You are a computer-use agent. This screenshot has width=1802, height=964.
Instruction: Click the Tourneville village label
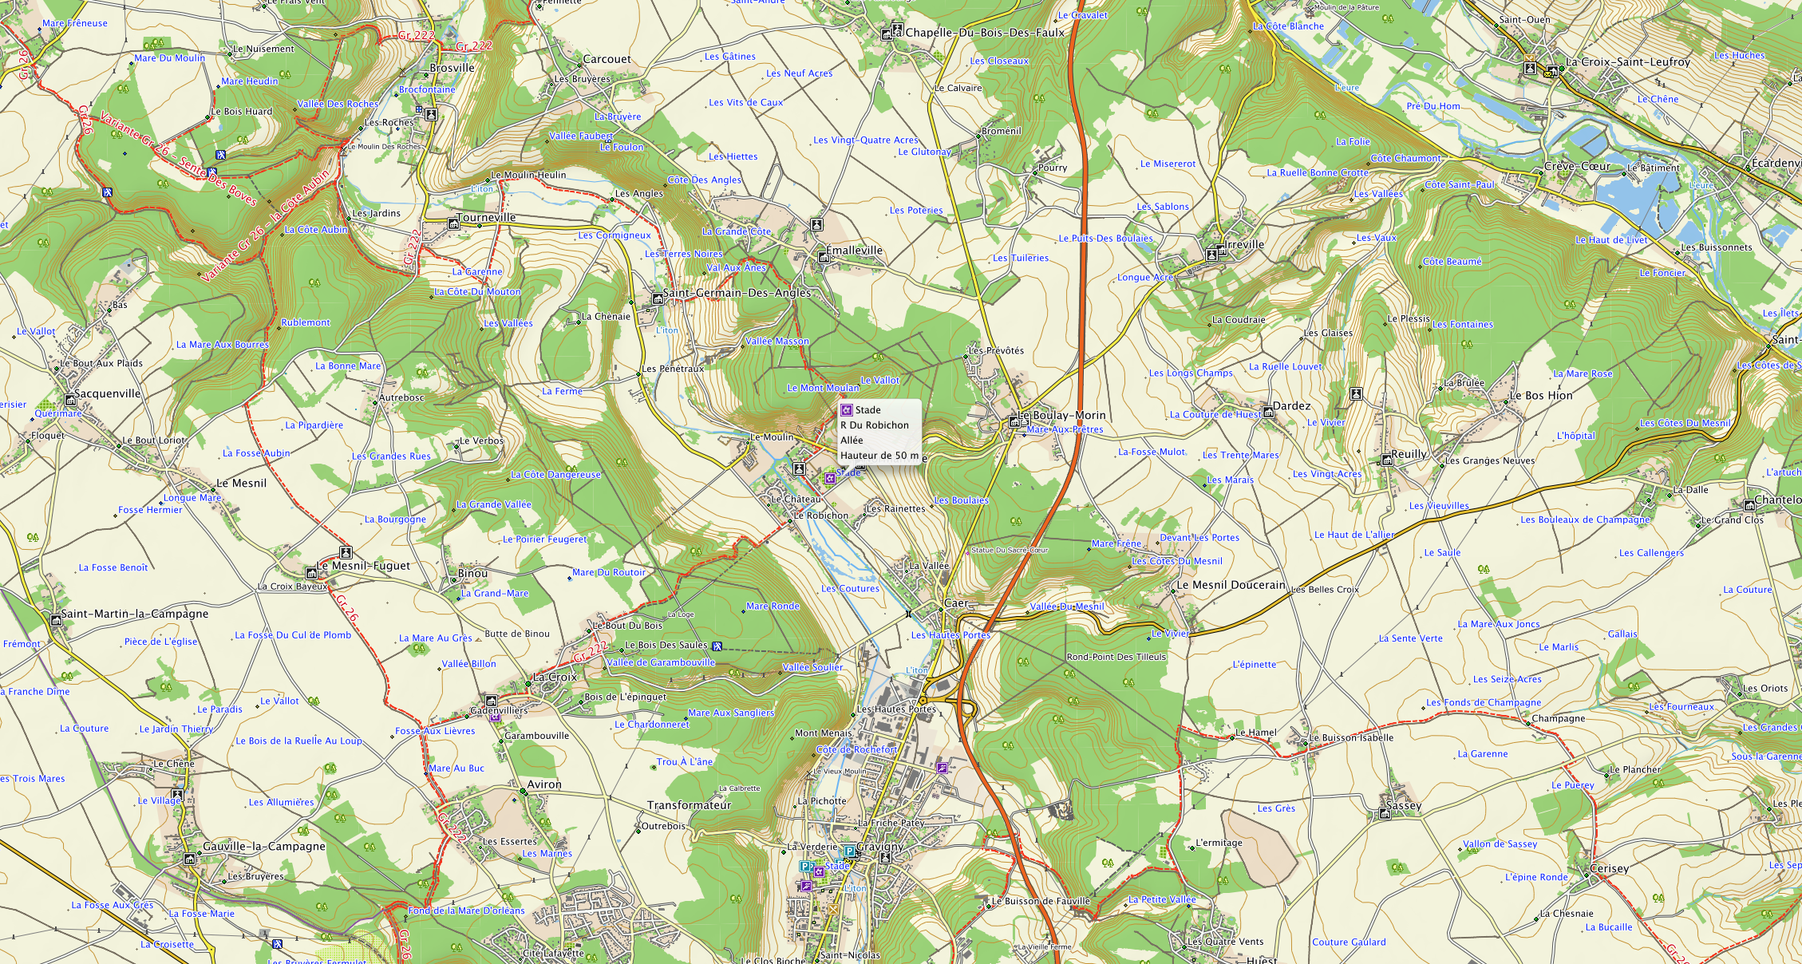point(486,218)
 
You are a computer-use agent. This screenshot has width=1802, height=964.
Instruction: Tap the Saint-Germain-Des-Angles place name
point(737,293)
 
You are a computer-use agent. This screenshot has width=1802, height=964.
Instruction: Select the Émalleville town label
point(854,251)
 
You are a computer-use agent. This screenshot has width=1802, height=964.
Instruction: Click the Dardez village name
point(1291,406)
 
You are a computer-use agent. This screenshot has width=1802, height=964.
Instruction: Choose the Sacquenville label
point(107,394)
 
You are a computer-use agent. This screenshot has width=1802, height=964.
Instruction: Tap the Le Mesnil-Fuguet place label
point(363,566)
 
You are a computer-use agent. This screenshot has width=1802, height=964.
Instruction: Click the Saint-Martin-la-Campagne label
point(134,614)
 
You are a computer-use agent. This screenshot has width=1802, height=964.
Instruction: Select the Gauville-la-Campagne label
point(263,847)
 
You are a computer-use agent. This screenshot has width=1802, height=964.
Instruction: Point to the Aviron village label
point(544,785)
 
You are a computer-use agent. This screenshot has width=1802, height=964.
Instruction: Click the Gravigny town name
point(880,847)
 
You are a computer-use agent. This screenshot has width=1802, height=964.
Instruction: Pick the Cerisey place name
point(1609,869)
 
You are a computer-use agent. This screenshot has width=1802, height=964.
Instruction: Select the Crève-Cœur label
point(1577,167)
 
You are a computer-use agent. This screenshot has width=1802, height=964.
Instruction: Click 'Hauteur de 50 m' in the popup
point(879,456)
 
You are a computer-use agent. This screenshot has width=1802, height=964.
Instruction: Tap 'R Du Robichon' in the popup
point(874,425)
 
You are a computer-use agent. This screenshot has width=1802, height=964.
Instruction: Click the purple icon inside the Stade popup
point(847,410)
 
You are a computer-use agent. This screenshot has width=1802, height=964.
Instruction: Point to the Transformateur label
point(689,806)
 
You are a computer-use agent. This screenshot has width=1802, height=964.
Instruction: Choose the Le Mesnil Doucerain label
point(1231,585)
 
